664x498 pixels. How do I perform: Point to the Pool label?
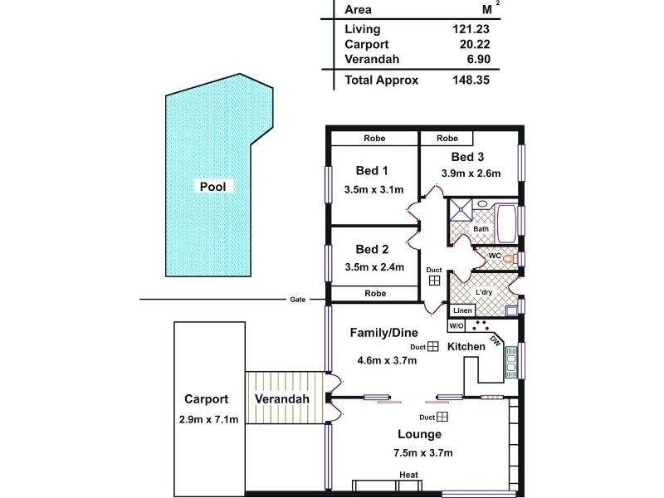pos(212,187)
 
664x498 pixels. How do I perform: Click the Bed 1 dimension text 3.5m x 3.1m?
pos(373,189)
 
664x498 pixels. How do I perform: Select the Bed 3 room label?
pos(468,157)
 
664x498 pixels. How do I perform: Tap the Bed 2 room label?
pos(372,249)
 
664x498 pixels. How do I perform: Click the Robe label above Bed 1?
pos(373,139)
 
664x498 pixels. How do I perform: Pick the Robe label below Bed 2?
pos(375,293)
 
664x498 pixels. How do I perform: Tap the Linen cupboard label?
pos(463,310)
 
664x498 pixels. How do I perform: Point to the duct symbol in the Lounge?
pos(443,417)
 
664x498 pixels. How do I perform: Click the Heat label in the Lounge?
pos(408,476)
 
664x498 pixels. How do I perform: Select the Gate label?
pos(295,299)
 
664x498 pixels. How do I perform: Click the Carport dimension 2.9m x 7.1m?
pos(208,419)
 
